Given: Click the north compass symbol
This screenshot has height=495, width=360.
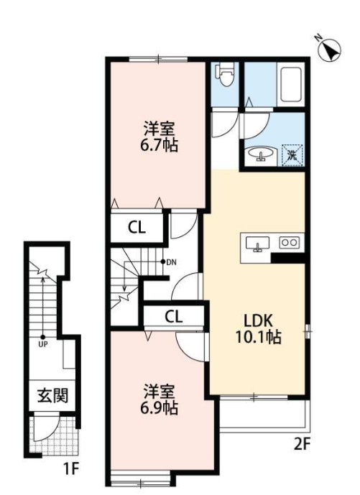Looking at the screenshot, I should click(x=329, y=50).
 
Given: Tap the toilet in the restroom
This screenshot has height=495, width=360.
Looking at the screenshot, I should click(x=224, y=74).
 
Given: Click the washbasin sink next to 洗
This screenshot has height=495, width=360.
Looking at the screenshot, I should click(x=260, y=153).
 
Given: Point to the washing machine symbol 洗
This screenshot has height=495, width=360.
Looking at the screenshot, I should click(x=293, y=153).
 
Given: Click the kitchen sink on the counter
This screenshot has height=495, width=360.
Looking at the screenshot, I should click(x=257, y=245).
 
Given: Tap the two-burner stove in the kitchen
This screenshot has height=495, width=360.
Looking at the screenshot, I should click(x=289, y=244).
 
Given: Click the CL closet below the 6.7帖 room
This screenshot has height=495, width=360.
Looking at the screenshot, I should click(x=137, y=228).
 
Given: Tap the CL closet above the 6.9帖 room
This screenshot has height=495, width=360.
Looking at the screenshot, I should click(x=172, y=315).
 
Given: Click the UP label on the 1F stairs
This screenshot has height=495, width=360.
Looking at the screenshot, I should click(x=43, y=344).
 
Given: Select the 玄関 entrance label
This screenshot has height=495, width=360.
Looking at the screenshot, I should click(x=52, y=396).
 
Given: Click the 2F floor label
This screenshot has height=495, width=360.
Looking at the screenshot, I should click(x=300, y=443).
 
